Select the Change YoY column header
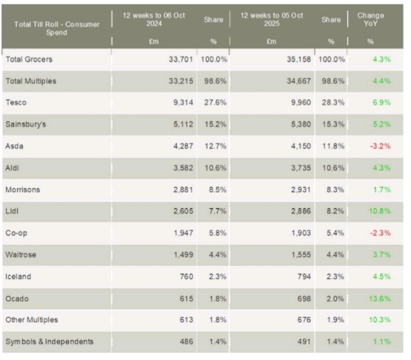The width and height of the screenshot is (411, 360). tap(370, 19)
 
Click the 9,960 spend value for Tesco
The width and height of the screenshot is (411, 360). tap(300, 103)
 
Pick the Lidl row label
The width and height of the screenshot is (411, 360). tap(12, 211)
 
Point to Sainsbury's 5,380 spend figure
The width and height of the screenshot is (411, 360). tap(300, 124)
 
